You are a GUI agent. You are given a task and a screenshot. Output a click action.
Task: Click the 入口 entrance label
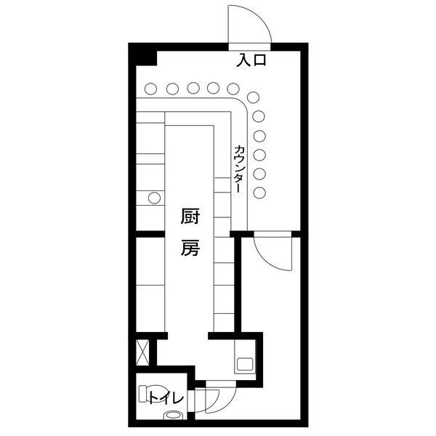pos(251,60)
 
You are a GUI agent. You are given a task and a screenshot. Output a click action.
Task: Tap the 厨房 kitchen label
pos(190,233)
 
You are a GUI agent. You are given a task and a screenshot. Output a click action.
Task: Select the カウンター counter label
pos(238,169)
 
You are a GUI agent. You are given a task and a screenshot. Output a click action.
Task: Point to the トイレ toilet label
pos(166,398)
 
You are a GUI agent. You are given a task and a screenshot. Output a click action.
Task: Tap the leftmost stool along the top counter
pos(151,89)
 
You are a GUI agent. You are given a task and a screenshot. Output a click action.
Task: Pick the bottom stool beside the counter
pos(259,193)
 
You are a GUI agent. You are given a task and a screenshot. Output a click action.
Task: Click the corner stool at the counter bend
pos(253,97)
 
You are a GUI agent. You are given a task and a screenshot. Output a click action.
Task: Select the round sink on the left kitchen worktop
pos(154,198)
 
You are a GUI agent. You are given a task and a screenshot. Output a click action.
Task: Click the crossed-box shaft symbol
pos(142,352)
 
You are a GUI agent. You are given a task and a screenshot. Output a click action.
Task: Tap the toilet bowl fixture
pos(156,393)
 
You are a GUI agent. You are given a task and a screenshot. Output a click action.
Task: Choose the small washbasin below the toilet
pos(172,415)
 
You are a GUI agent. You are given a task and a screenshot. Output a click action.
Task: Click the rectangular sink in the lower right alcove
pos(245,364)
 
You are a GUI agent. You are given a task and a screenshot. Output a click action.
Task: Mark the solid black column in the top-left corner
pos(143,54)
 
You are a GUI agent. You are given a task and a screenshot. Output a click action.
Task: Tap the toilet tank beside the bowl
pos(142,393)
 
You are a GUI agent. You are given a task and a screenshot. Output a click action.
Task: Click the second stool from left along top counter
pos(172,89)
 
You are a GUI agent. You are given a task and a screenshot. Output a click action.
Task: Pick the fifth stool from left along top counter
pos(233,89)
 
